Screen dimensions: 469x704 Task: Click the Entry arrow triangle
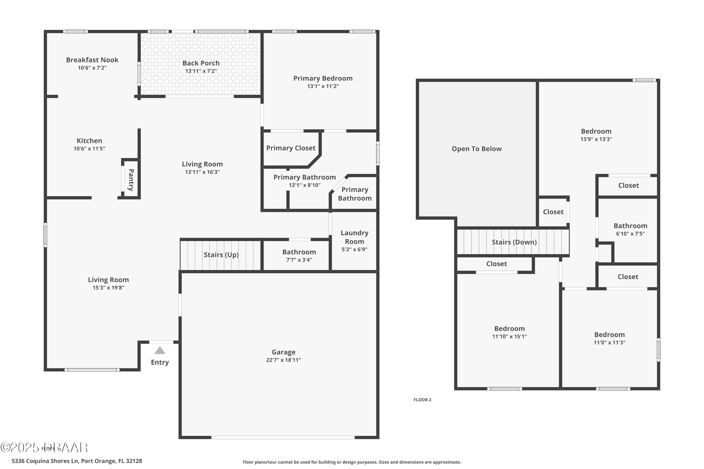[x=160, y=351]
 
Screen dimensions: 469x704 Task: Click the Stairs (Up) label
[x=221, y=255]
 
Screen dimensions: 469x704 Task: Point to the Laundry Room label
[x=354, y=237]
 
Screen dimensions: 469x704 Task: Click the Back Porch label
[x=201, y=63]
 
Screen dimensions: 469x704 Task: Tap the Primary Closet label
[x=291, y=148]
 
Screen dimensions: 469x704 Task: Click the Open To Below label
[x=477, y=149]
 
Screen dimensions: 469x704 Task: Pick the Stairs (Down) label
[x=514, y=242]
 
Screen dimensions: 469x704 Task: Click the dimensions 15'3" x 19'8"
[x=108, y=288]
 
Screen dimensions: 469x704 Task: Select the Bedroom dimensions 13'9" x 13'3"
[x=596, y=139]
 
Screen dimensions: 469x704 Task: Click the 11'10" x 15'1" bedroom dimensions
[x=509, y=337]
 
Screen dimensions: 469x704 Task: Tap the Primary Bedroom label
[x=323, y=78]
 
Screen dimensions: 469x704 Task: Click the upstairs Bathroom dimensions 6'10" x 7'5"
[x=630, y=234]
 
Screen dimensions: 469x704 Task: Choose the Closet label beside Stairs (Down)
[x=553, y=212]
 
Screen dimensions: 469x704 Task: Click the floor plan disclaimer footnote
[x=352, y=462]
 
